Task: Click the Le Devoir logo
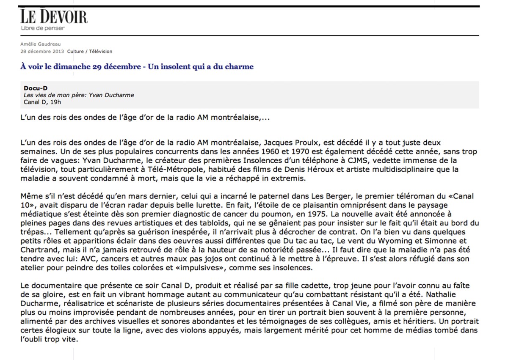[x=54, y=17]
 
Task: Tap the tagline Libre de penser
[x=43, y=28]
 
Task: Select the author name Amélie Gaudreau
[x=40, y=44]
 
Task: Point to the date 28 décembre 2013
[x=42, y=52]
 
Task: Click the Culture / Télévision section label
[x=90, y=52]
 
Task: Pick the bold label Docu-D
[x=36, y=88]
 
